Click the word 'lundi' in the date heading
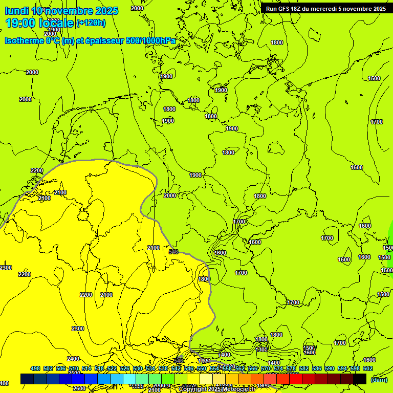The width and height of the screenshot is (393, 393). [x=17, y=11]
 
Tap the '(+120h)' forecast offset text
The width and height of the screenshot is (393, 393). [x=91, y=23]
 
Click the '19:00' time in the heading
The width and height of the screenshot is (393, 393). [x=19, y=23]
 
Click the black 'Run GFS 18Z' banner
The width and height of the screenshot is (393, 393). [x=326, y=8]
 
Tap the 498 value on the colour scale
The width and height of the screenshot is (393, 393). [x=35, y=368]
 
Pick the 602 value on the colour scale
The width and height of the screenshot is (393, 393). [x=368, y=368]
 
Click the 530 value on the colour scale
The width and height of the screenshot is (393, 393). [x=138, y=368]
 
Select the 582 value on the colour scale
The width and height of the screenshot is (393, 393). [x=304, y=368]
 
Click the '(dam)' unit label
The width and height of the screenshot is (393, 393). [x=379, y=379]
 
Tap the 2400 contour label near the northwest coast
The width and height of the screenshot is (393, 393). [x=60, y=192]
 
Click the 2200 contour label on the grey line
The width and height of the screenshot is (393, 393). [x=37, y=170]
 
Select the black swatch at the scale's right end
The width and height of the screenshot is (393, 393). [x=360, y=379]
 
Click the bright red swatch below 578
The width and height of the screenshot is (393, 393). [x=296, y=379]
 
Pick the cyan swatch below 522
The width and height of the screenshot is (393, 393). [x=117, y=379]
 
